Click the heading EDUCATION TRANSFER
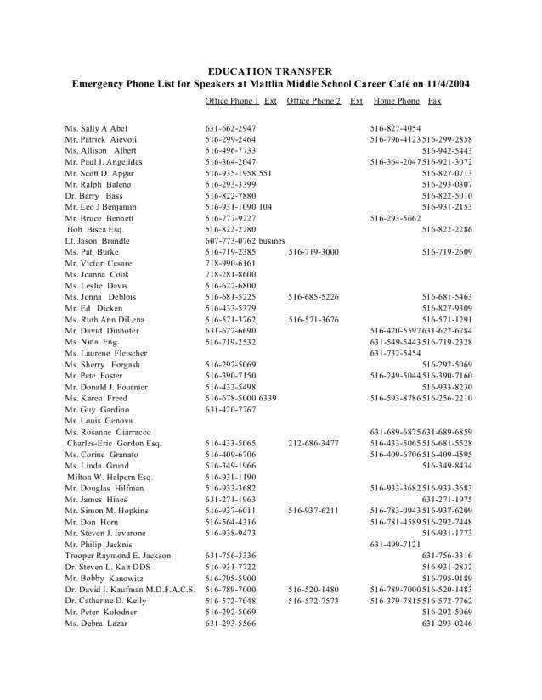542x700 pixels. pyautogui.click(x=270, y=71)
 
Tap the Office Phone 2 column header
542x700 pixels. pyautogui.click(x=313, y=101)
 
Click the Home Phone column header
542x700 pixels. pyautogui.click(x=396, y=101)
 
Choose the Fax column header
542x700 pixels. pyautogui.click(x=434, y=101)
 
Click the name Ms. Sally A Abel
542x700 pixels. pyautogui.click(x=96, y=128)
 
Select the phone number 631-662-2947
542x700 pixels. pyautogui.click(x=230, y=128)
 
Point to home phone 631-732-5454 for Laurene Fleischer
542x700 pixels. pyautogui.click(x=395, y=353)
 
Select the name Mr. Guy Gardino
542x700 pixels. pyautogui.click(x=98, y=409)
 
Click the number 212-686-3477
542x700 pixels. pyautogui.click(x=313, y=443)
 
